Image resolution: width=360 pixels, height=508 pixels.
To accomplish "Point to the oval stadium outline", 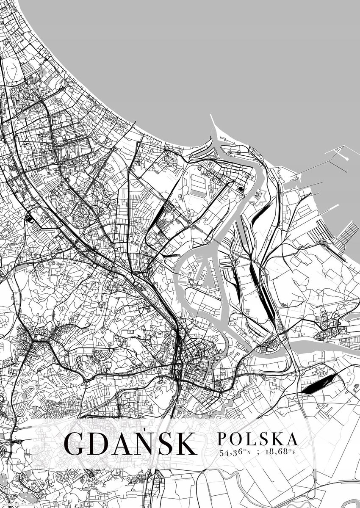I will (169, 218).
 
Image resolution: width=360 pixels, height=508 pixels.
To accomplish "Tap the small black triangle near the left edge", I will (29, 218).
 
